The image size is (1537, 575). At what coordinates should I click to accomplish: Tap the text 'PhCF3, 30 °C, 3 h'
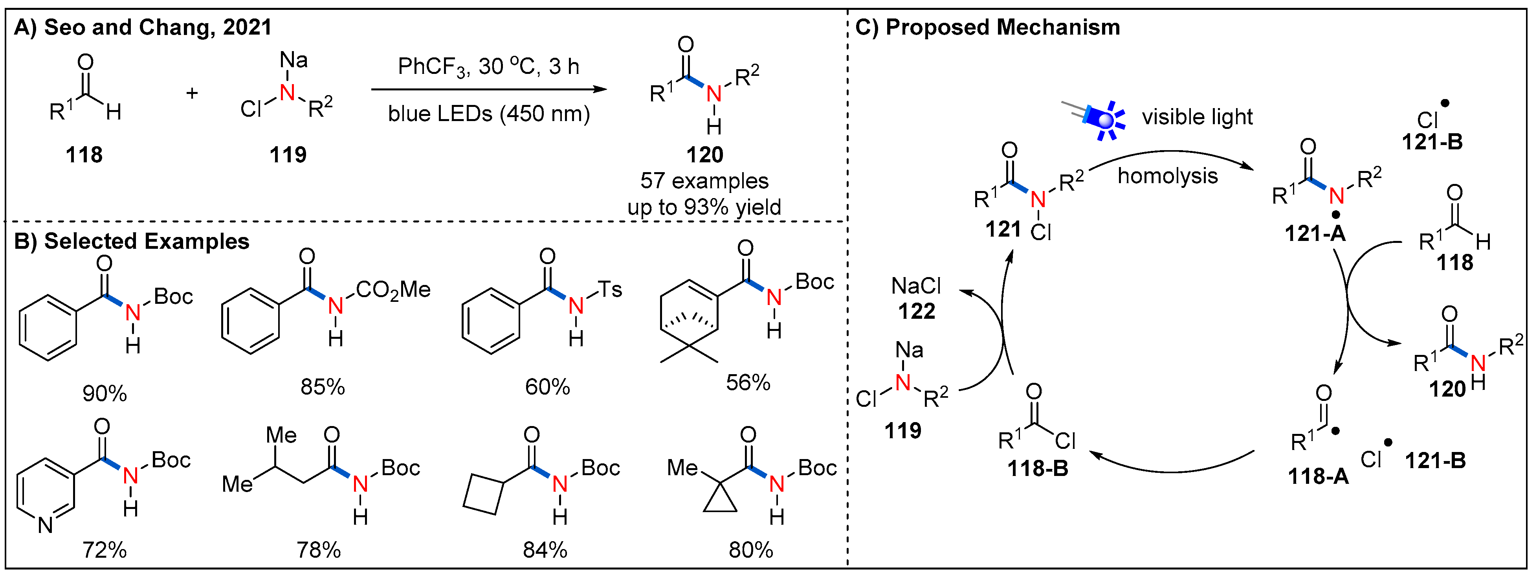(488, 67)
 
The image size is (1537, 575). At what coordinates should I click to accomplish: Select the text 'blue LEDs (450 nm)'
(488, 114)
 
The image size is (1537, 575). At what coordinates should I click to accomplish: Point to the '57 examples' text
(704, 181)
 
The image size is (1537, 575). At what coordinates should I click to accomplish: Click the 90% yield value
(105, 393)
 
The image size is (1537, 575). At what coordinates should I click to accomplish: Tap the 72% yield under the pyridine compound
(105, 550)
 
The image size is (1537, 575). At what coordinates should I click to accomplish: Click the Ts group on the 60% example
(610, 290)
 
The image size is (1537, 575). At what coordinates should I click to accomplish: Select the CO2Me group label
(393, 290)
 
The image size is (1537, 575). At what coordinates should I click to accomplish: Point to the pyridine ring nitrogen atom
(45, 525)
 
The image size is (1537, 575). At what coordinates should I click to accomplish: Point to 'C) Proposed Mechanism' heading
(987, 28)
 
